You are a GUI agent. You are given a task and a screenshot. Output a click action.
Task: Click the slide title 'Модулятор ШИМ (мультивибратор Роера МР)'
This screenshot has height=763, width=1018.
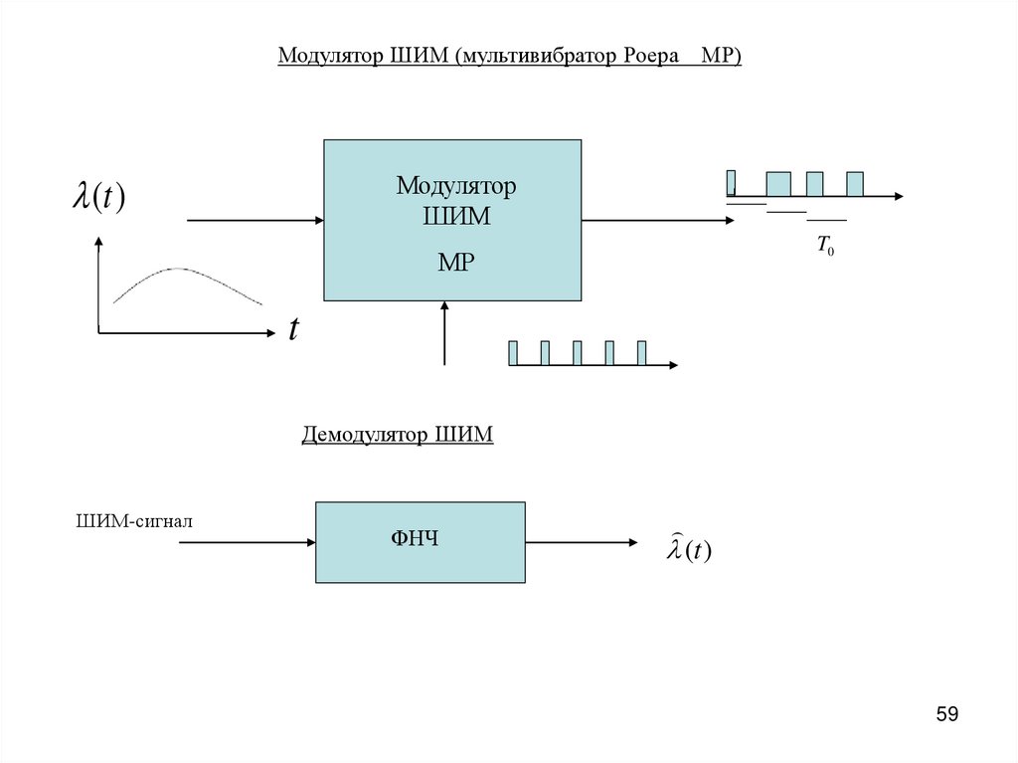click(x=509, y=56)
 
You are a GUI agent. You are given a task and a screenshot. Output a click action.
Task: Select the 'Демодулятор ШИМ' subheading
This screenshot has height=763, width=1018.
click(x=398, y=436)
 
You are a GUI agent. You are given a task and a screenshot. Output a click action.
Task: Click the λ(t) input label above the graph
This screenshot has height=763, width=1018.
click(x=97, y=196)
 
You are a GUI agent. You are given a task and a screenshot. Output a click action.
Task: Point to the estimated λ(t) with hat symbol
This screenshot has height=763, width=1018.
click(x=688, y=548)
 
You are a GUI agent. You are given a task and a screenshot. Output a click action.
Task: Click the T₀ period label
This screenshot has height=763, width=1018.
click(x=825, y=246)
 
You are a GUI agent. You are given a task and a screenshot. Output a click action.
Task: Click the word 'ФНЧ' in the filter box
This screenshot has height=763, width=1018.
click(x=415, y=540)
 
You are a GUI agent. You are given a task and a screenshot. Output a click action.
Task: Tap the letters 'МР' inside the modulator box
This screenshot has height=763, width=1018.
click(x=456, y=262)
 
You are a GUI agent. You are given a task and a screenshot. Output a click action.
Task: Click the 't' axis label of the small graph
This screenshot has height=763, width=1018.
click(x=293, y=329)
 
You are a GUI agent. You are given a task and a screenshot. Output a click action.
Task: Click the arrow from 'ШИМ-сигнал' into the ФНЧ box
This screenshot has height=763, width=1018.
click(x=247, y=542)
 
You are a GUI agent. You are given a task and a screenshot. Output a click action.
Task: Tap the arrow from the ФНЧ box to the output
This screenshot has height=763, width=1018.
click(x=582, y=542)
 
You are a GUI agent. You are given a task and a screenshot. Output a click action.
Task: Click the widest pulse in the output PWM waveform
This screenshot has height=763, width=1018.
click(x=778, y=184)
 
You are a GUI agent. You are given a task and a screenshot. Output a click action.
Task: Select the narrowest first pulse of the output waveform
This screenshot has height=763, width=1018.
click(x=731, y=183)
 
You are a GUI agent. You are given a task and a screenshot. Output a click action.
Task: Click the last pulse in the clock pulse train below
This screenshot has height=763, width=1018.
click(x=641, y=353)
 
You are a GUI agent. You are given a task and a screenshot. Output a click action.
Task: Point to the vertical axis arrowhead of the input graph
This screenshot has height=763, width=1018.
click(x=98, y=241)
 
